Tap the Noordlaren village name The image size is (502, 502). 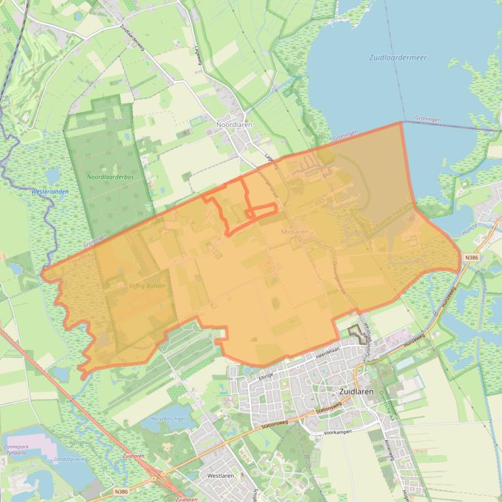(234, 125)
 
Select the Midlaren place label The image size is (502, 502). (295, 231)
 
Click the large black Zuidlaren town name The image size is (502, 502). (357, 392)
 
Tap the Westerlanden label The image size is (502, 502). (50, 192)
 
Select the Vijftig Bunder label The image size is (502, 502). (147, 286)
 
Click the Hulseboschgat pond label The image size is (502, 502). (168, 419)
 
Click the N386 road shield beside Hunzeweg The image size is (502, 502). (472, 258)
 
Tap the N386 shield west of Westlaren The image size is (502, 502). (121, 491)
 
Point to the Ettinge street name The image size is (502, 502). (265, 376)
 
